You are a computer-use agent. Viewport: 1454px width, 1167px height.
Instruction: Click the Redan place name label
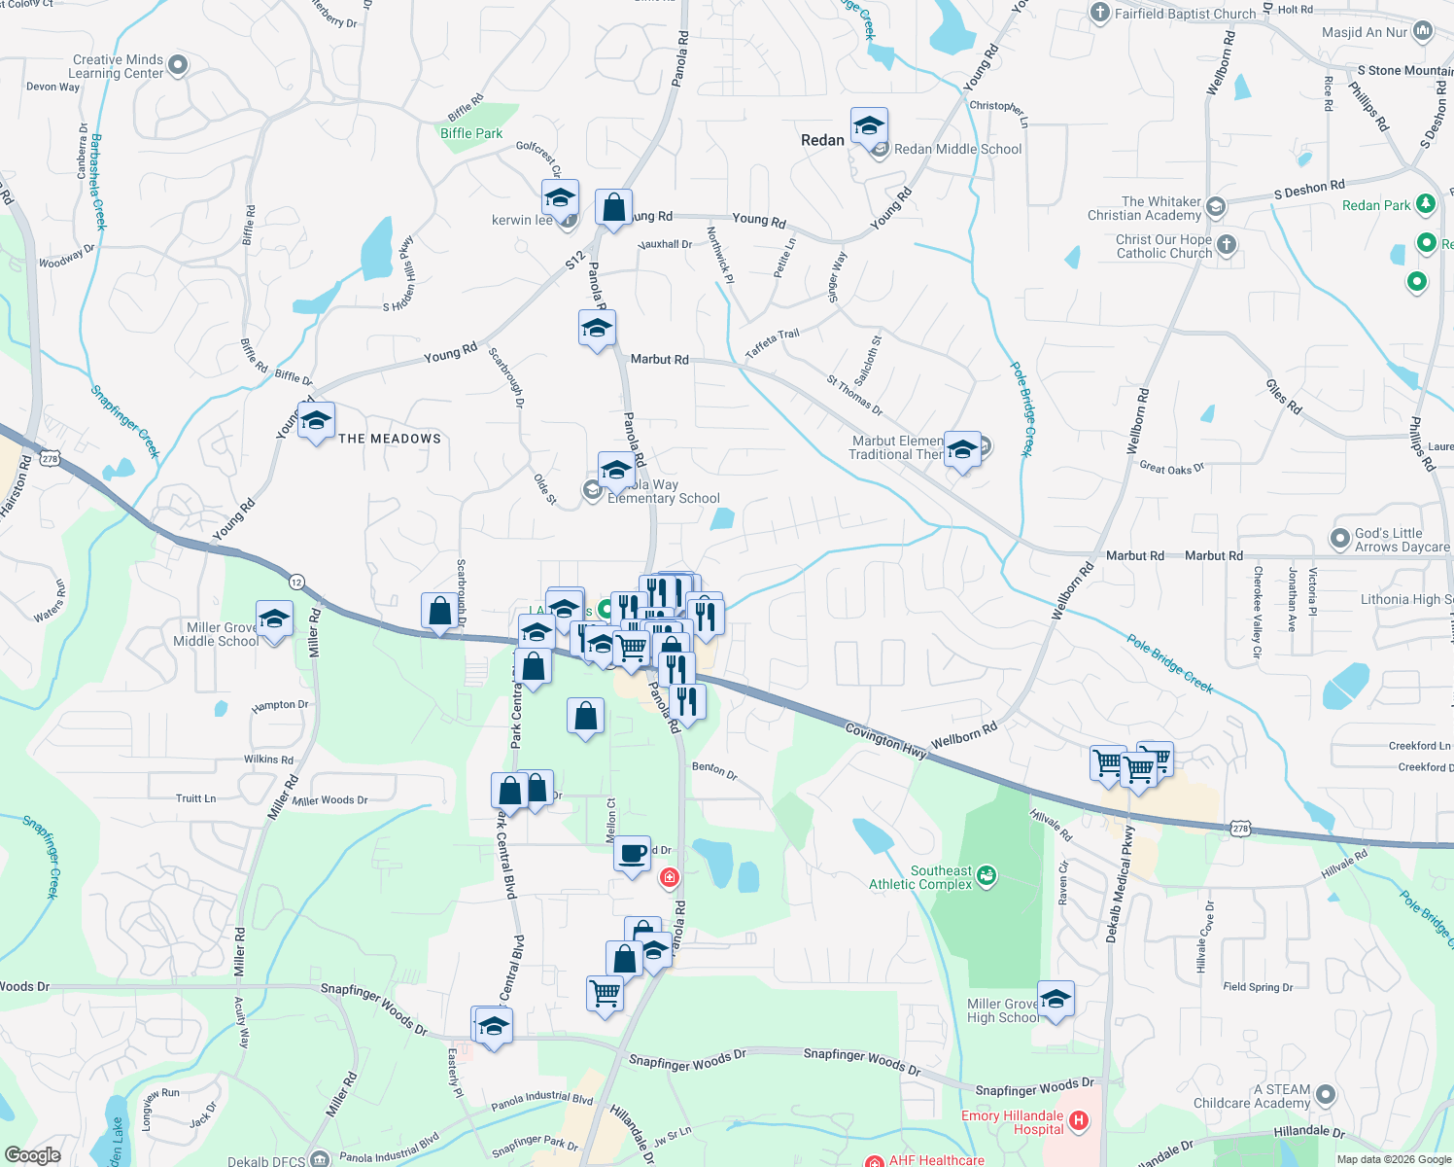822,140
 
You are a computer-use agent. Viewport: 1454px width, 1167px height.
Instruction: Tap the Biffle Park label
471,133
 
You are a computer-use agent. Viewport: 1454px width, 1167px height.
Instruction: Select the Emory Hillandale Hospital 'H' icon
1079,1123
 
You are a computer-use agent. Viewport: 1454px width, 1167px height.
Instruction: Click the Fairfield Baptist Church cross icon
1100,13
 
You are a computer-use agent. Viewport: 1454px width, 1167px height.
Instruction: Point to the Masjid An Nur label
1364,32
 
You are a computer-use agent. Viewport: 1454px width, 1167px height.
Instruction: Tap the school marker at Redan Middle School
869,126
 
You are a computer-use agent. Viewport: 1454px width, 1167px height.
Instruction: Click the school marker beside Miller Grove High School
1056,999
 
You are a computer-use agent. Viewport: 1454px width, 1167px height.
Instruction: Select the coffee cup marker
633,854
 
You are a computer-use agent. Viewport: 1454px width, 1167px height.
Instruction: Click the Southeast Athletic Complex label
919,877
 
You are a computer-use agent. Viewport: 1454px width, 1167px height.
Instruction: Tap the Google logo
32,1154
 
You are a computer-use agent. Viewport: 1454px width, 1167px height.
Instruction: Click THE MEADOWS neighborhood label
390,439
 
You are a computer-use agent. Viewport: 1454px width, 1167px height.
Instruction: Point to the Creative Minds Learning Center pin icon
178,65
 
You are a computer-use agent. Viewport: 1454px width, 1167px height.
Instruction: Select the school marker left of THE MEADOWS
316,422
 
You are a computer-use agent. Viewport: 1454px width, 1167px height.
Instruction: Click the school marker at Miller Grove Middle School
275,619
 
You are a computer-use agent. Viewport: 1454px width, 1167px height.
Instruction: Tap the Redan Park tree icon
1425,203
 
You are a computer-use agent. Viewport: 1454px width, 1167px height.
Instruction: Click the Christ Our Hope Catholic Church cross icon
1227,244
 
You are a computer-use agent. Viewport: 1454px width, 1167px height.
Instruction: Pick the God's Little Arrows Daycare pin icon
1340,539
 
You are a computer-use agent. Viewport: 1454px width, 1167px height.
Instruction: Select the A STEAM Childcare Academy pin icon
1325,1095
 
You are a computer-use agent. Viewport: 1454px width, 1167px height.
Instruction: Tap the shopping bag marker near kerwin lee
613,208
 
